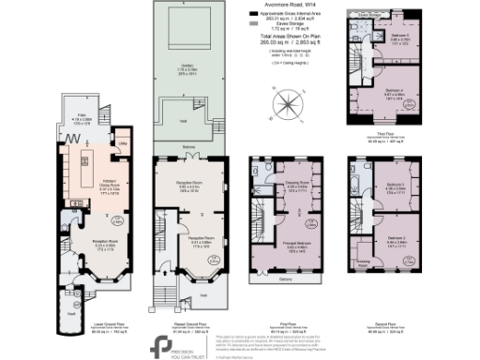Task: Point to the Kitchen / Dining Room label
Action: coord(83,167)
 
